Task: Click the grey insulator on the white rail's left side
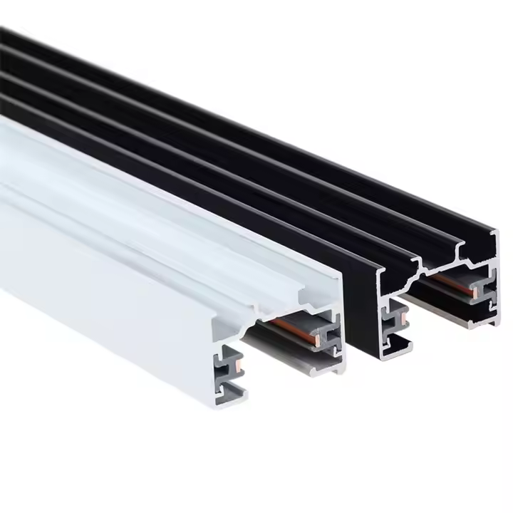coord(232,370)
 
